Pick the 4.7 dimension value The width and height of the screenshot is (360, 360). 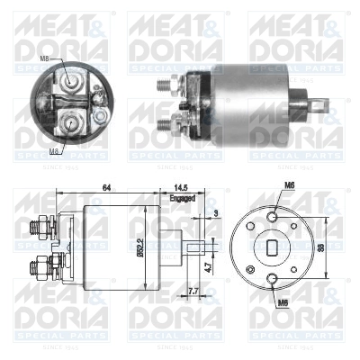point(207,266)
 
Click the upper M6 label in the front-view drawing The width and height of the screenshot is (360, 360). point(290,186)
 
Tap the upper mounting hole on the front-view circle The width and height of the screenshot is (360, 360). point(273,214)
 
